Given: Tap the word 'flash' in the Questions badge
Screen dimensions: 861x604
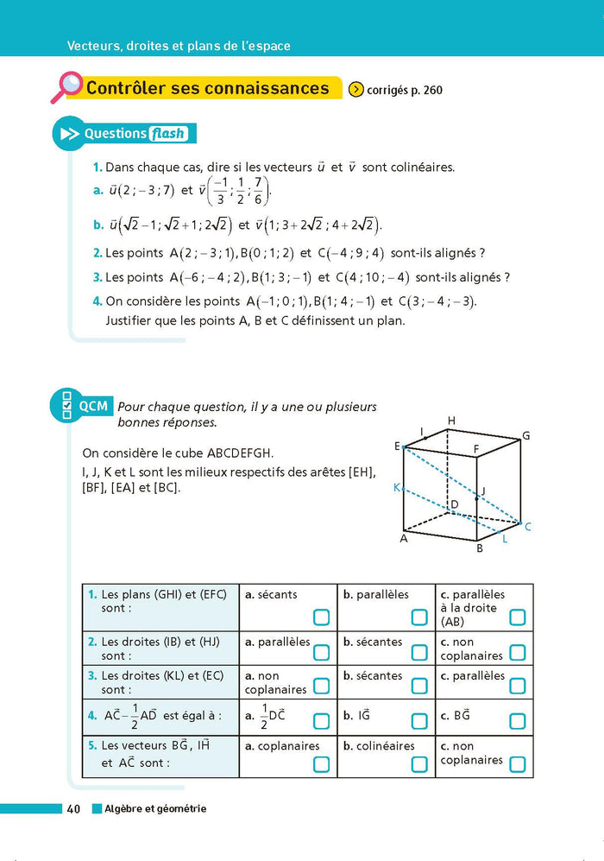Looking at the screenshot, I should tap(168, 134).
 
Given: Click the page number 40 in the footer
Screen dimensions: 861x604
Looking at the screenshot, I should tap(74, 809).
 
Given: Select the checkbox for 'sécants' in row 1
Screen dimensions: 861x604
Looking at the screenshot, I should tap(321, 617).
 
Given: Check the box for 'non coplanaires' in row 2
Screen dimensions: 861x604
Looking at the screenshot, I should tap(518, 653).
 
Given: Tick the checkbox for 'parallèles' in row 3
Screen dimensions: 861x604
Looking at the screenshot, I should tap(518, 686).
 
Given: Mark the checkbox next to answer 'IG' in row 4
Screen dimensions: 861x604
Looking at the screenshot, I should tap(419, 721).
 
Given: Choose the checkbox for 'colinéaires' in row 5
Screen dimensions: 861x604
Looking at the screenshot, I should tap(419, 763).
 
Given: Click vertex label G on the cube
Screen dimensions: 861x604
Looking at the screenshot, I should tap(525, 436).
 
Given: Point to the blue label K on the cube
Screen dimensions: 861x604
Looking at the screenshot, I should tap(397, 488).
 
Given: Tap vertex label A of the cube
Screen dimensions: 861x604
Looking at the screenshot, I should tap(403, 538).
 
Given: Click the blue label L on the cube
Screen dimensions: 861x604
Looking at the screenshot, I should tap(505, 539).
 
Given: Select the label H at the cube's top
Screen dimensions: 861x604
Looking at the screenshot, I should tap(450, 421).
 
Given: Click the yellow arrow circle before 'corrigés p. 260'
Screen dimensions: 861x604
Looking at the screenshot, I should tap(355, 89).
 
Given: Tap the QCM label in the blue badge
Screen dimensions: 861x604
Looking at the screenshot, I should tap(93, 405).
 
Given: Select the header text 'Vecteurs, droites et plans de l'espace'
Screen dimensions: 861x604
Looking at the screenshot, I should tap(179, 46).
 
